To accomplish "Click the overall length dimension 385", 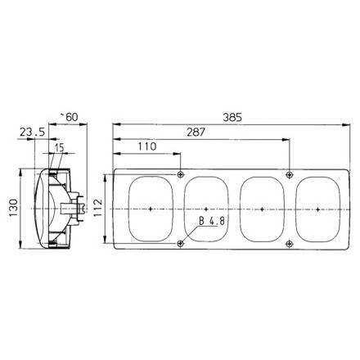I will pos(233,115).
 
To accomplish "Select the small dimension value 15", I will pos(58,146).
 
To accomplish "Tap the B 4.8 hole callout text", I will pos(212,221).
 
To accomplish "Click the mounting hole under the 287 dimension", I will pos(290,173).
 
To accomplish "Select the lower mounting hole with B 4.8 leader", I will pos(180,243).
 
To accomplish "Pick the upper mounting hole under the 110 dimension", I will pos(180,173).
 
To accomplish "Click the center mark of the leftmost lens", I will pos(151,209).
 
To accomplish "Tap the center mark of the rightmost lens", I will pos(317,209).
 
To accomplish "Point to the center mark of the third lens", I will pos(262,209).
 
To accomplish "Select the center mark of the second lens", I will pos(207,209).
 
